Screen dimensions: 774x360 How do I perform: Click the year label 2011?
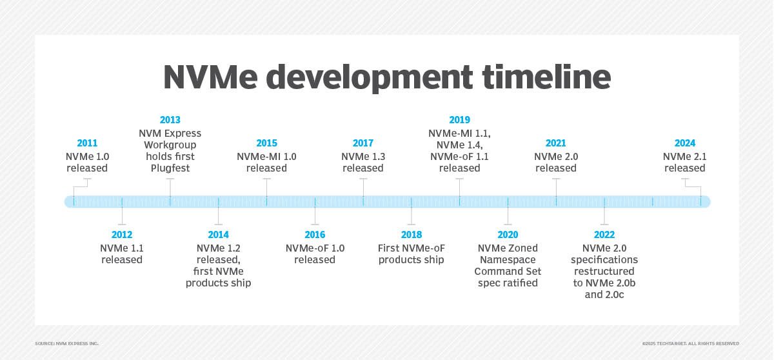tap(87, 143)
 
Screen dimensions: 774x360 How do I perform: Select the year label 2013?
tap(170, 120)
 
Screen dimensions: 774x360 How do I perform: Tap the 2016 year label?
tap(315, 235)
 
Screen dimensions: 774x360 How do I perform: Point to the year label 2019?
tap(459, 120)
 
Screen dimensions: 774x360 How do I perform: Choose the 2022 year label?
tap(604, 235)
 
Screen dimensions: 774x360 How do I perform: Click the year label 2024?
tap(685, 143)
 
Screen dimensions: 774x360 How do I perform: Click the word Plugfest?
tap(170, 168)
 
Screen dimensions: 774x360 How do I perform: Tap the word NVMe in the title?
tap(210, 77)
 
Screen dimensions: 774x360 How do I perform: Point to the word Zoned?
tap(525, 248)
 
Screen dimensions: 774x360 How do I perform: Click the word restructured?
tap(604, 271)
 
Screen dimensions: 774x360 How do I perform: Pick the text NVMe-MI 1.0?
tap(266, 157)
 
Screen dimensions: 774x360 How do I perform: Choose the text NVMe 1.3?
tap(363, 157)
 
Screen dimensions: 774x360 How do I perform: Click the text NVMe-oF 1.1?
tap(459, 157)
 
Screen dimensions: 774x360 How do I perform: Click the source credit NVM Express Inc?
tap(66, 343)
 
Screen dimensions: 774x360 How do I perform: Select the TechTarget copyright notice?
tap(691, 343)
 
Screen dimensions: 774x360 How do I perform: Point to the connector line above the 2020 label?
tap(508, 213)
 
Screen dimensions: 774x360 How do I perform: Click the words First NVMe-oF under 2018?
tap(412, 248)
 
